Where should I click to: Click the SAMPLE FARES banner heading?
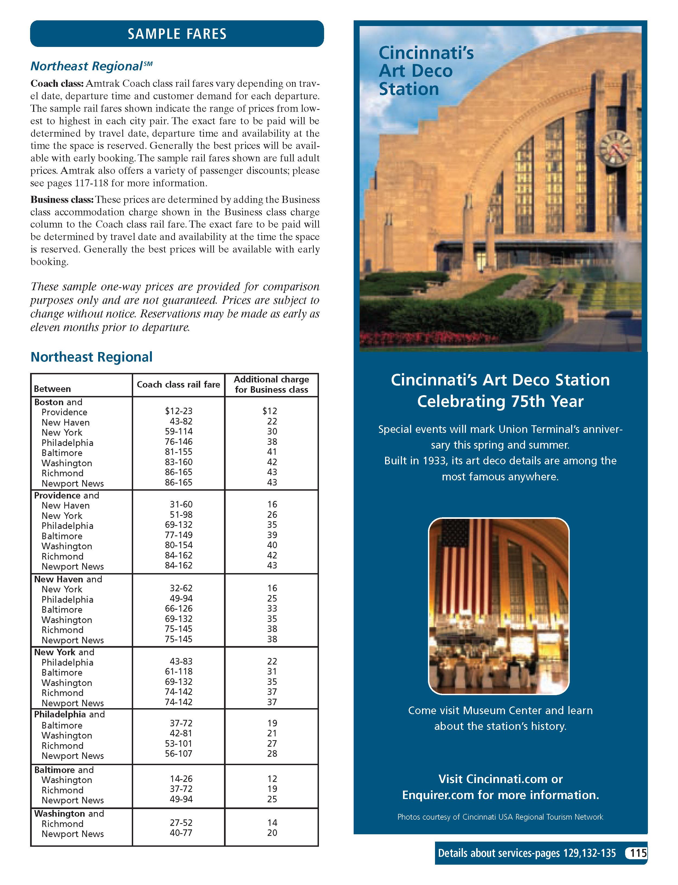click(x=177, y=34)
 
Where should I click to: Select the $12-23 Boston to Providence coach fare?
click(x=178, y=411)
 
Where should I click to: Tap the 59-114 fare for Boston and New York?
click(x=178, y=432)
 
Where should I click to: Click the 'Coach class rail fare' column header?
click(x=178, y=385)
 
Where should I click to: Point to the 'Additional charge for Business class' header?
click(x=271, y=385)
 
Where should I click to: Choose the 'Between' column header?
click(x=52, y=389)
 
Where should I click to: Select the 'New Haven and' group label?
click(x=68, y=579)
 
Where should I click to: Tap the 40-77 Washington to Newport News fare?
click(x=181, y=833)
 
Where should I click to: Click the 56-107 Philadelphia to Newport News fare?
click(x=178, y=753)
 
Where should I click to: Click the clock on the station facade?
click(x=615, y=147)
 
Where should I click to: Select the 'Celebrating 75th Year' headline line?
click(x=500, y=401)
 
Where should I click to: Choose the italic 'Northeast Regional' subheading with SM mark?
click(x=91, y=66)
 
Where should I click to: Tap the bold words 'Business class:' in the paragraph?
click(x=62, y=200)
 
